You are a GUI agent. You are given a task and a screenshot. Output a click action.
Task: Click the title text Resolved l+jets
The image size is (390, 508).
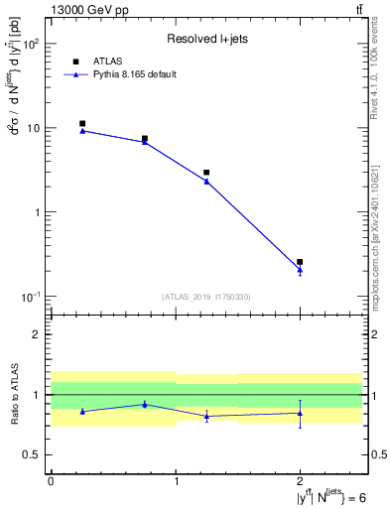205,39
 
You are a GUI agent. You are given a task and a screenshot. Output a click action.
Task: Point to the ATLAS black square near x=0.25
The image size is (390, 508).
82,124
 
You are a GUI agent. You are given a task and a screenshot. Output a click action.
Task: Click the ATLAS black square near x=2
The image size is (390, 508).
300,262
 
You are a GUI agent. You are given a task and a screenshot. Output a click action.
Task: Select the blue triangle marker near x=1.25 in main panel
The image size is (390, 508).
206,181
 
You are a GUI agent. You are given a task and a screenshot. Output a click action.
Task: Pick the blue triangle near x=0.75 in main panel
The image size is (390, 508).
145,142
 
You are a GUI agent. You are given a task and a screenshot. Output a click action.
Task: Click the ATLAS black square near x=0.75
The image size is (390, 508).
145,139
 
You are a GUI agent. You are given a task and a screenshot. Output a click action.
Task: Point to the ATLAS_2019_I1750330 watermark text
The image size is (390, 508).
205,297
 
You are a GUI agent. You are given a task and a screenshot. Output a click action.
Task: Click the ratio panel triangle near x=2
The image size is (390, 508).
300,413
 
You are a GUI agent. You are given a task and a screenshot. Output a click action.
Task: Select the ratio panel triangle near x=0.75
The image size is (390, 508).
145,404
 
